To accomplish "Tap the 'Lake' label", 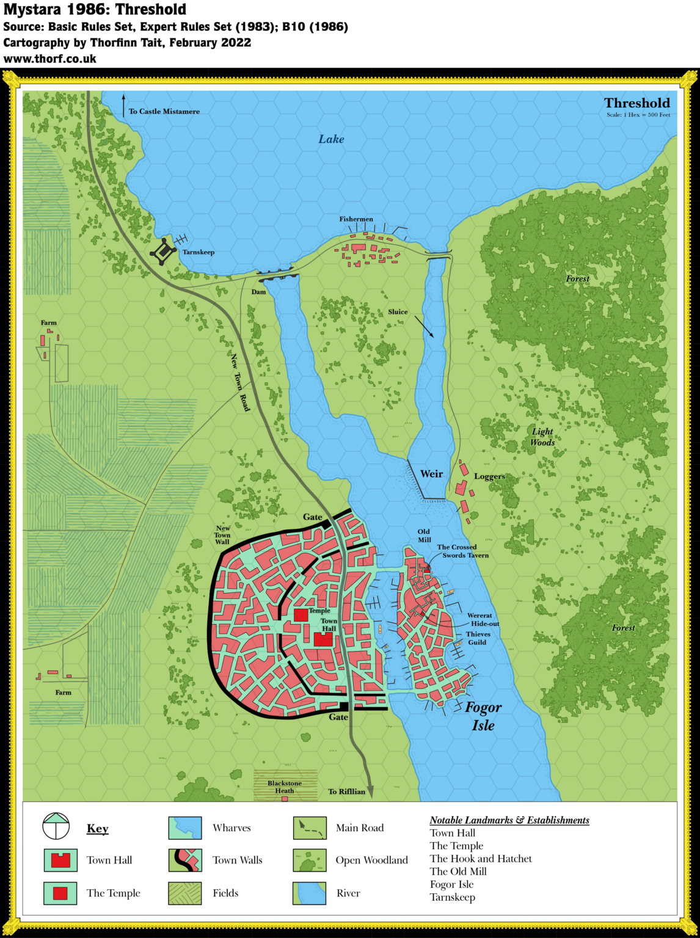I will coord(331,139).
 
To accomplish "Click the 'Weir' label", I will coord(431,474).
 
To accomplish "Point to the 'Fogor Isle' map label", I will coord(483,716).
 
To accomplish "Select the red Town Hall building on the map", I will coord(323,639).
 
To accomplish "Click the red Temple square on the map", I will coord(301,615).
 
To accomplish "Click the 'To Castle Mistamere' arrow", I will coord(123,104).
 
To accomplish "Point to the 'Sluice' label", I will coord(398,312).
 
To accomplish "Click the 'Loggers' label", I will coord(489,476).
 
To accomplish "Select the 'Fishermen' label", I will coord(356,219).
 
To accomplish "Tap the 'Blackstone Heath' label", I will coord(285,787).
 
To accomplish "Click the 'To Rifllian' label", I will coord(346,791).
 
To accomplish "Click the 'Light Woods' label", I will coord(542,437).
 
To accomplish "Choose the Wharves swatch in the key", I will coord(185,827).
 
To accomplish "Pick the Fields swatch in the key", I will coord(185,893).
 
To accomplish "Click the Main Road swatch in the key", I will coord(310,827).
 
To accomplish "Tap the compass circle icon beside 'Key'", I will coord(56,827).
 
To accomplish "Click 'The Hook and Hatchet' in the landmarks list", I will coord(481,859).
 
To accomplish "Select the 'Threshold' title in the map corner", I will coord(637,103).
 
